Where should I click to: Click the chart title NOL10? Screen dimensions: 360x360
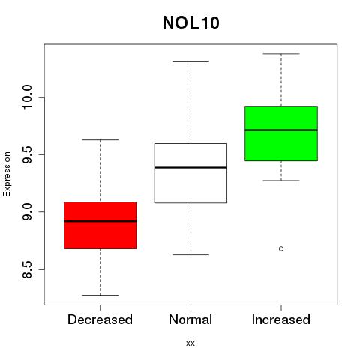(191, 23)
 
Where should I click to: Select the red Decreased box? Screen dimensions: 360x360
(100, 225)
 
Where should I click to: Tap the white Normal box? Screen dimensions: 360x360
(190, 173)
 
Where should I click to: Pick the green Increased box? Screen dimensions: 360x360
(281, 133)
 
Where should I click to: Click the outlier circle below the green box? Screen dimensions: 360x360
(281, 248)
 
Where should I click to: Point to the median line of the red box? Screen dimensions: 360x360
(100, 221)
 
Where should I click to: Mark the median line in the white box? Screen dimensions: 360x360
(190, 167)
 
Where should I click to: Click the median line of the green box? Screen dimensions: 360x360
(281, 130)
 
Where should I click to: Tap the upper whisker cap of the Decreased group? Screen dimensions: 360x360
(100, 139)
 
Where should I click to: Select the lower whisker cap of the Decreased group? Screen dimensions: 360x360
(100, 295)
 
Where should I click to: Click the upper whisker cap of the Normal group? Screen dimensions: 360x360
(190, 61)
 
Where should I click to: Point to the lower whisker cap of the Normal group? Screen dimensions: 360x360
(190, 254)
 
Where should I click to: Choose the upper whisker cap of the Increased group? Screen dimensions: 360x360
(281, 54)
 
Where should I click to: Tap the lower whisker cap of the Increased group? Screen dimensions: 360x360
(281, 181)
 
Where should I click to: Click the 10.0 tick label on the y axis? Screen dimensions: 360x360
(27, 97)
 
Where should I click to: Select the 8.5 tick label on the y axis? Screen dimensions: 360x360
(27, 269)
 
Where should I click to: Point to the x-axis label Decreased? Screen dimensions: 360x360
(100, 319)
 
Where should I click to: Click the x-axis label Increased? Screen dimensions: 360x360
(281, 319)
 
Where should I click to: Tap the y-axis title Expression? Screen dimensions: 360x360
(7, 174)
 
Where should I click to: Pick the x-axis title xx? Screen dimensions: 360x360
(190, 343)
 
